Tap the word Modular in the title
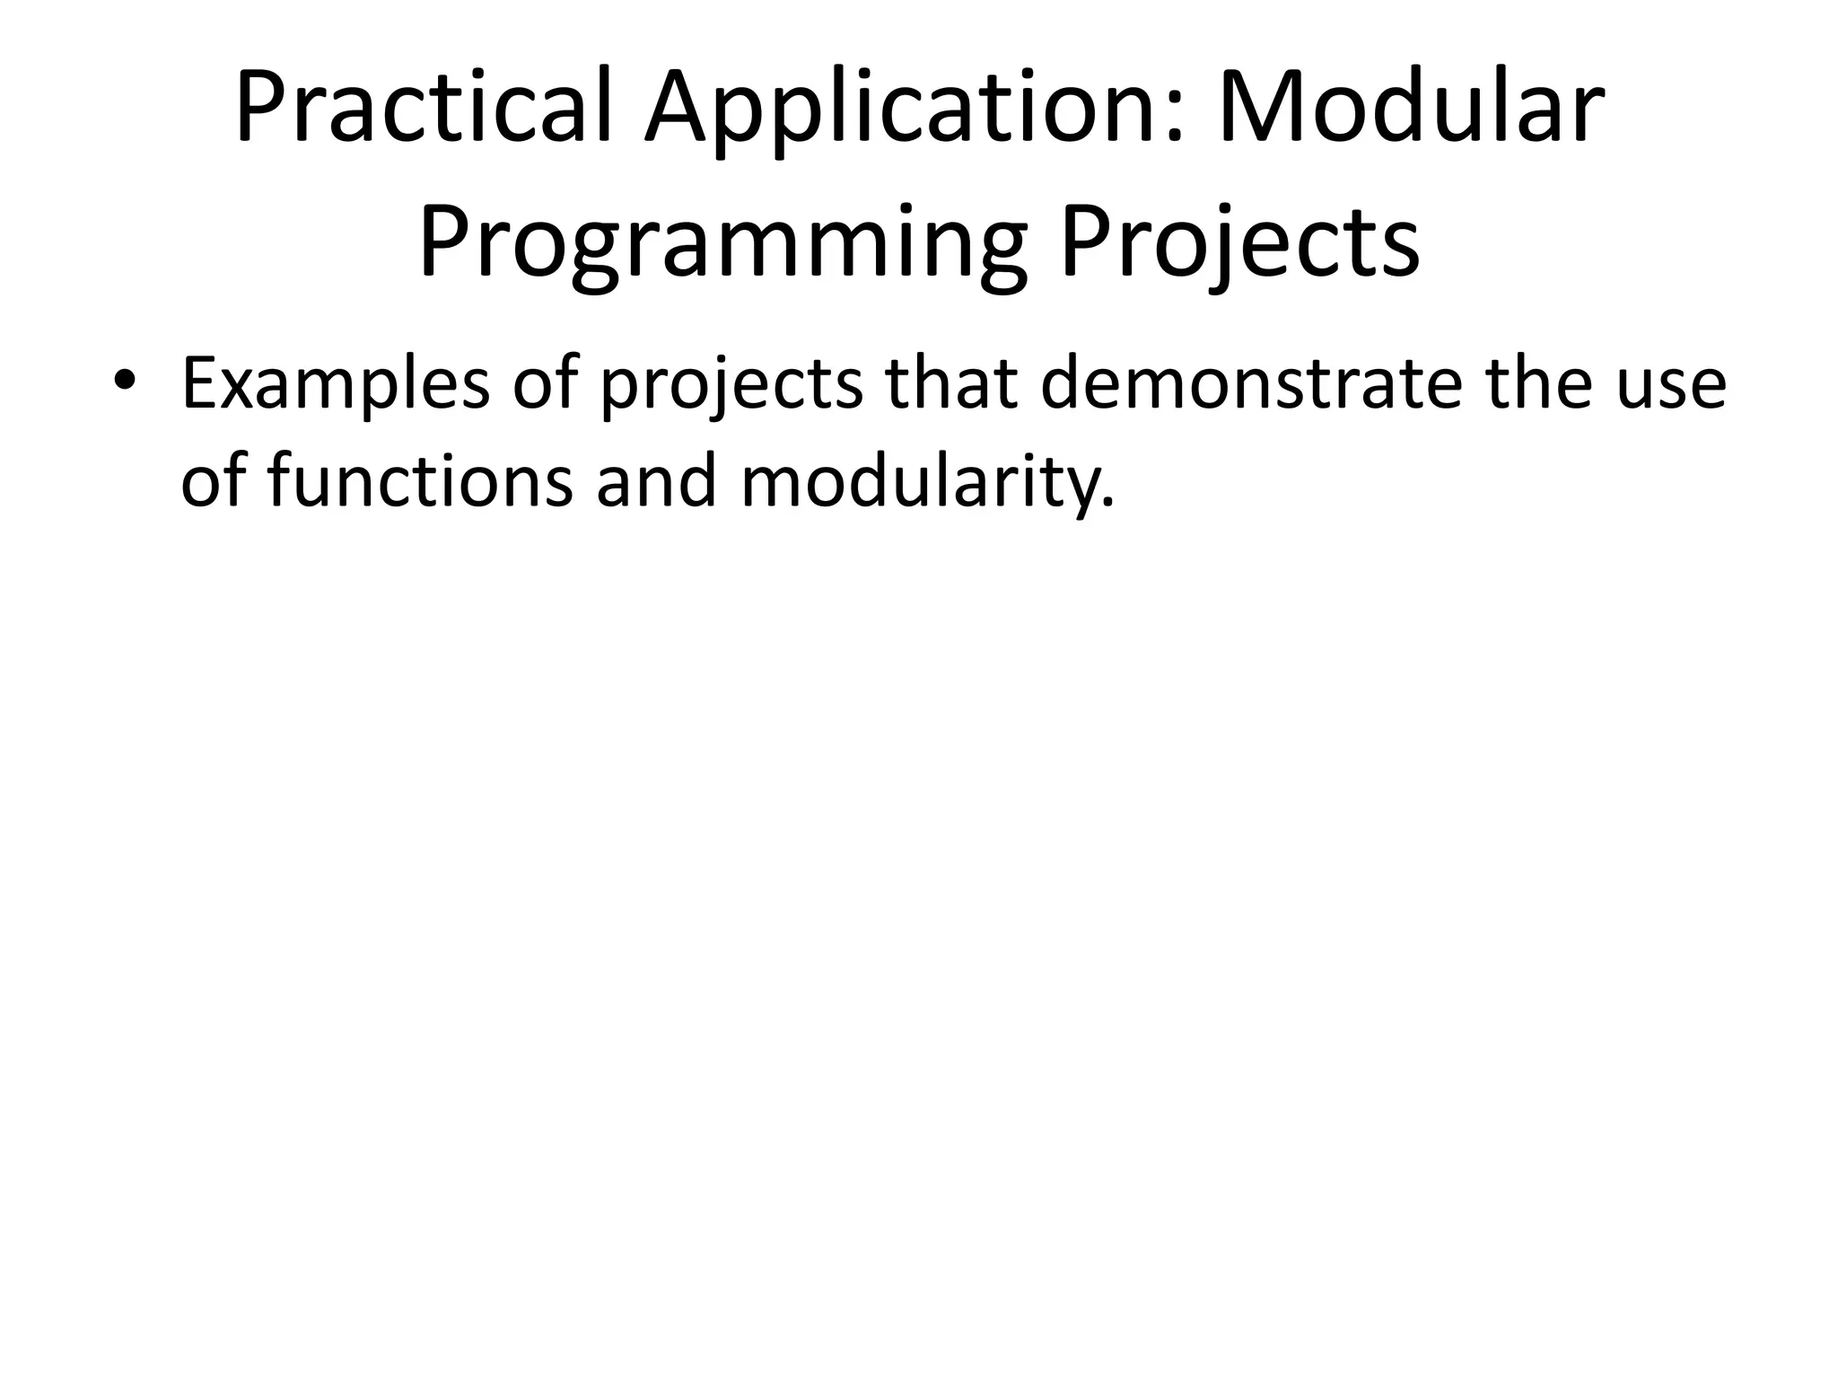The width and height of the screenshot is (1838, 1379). coord(1410,108)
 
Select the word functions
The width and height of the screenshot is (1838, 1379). coord(420,481)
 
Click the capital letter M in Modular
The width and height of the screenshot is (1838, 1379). coord(1260,108)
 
